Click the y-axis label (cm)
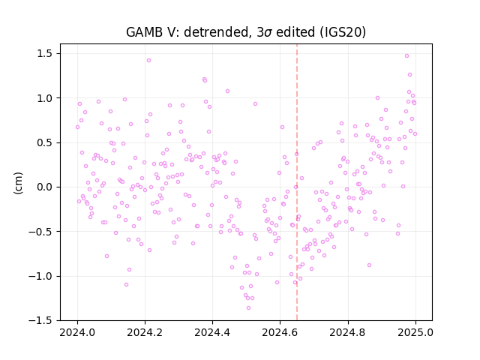[18, 183]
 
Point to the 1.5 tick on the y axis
[45, 53]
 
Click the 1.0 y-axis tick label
[45, 98]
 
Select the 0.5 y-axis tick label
[45, 142]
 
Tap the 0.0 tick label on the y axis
[45, 187]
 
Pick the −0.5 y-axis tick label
[40, 232]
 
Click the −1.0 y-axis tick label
[40, 276]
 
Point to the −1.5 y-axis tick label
[40, 320]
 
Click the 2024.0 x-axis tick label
[77, 332]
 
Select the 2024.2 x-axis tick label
[145, 332]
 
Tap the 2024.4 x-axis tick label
[212, 332]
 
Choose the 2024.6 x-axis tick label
[280, 332]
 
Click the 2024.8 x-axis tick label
[348, 332]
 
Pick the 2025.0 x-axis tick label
[415, 332]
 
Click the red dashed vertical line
[297, 182]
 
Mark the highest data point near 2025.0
[406, 56]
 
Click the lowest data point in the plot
[248, 308]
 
